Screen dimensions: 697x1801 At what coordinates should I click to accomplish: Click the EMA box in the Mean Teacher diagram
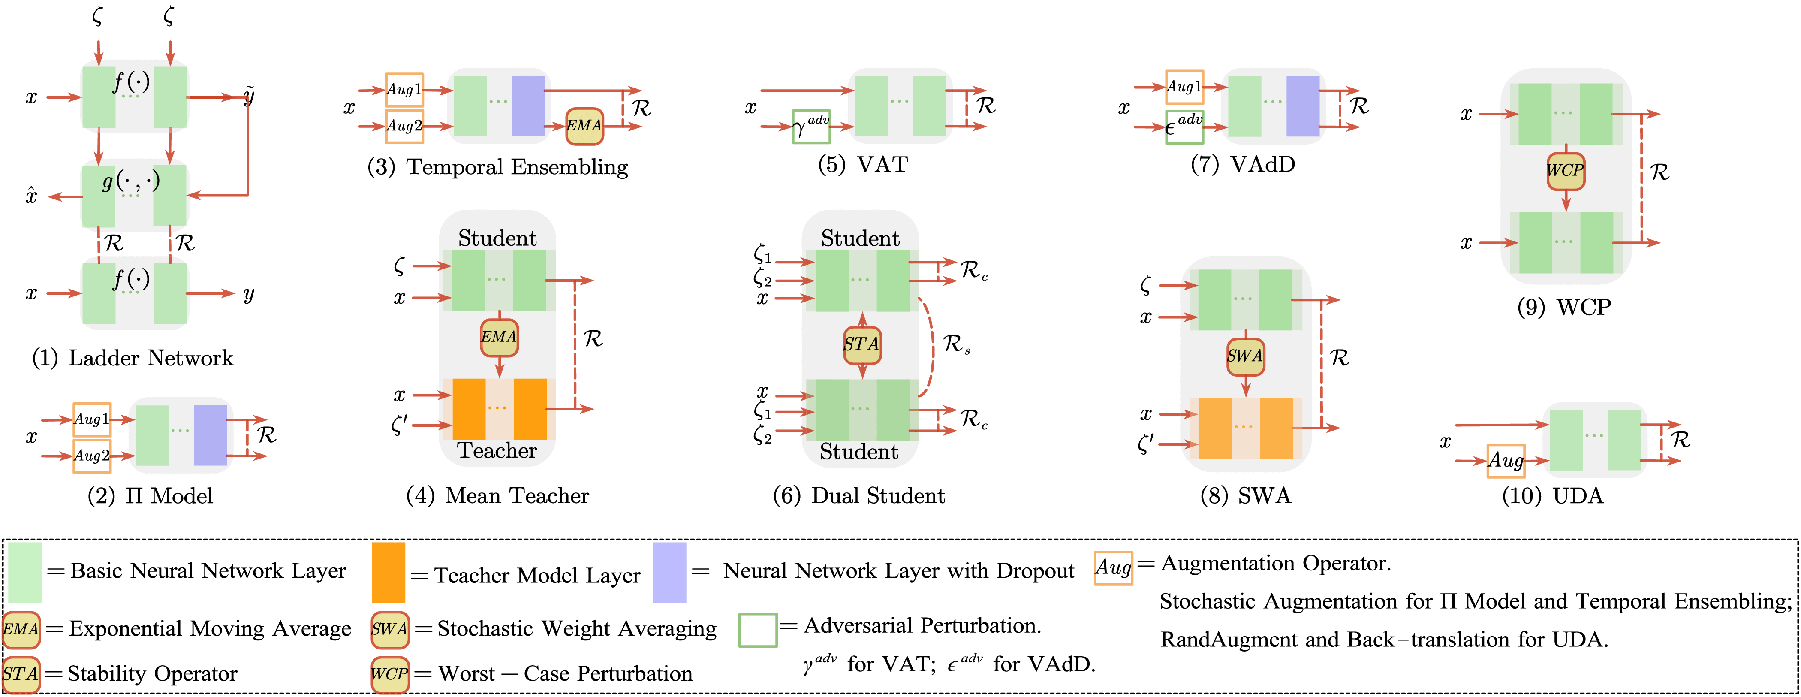click(x=498, y=337)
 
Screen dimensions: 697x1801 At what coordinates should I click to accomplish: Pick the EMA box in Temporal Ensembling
click(x=584, y=126)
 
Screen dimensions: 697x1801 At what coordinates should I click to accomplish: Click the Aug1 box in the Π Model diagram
click(x=92, y=419)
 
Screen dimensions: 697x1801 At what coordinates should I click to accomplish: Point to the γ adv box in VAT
click(x=811, y=127)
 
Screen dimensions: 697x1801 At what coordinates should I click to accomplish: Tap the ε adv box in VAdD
click(x=1184, y=127)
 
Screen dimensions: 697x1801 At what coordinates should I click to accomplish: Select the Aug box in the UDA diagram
click(x=1505, y=461)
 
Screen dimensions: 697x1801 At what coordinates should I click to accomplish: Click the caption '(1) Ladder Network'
click(x=133, y=359)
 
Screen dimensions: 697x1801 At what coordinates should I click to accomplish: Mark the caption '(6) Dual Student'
click(x=858, y=496)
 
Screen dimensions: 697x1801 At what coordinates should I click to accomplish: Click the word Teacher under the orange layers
click(x=497, y=451)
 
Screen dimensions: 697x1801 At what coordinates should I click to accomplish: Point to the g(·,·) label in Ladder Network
click(x=131, y=182)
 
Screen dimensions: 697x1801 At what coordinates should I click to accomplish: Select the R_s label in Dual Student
click(x=956, y=344)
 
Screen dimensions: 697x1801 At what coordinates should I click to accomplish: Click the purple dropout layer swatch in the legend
click(x=669, y=572)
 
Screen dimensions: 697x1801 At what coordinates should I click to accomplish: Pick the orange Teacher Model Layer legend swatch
click(x=388, y=572)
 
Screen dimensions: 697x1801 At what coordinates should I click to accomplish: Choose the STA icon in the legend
click(x=21, y=674)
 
